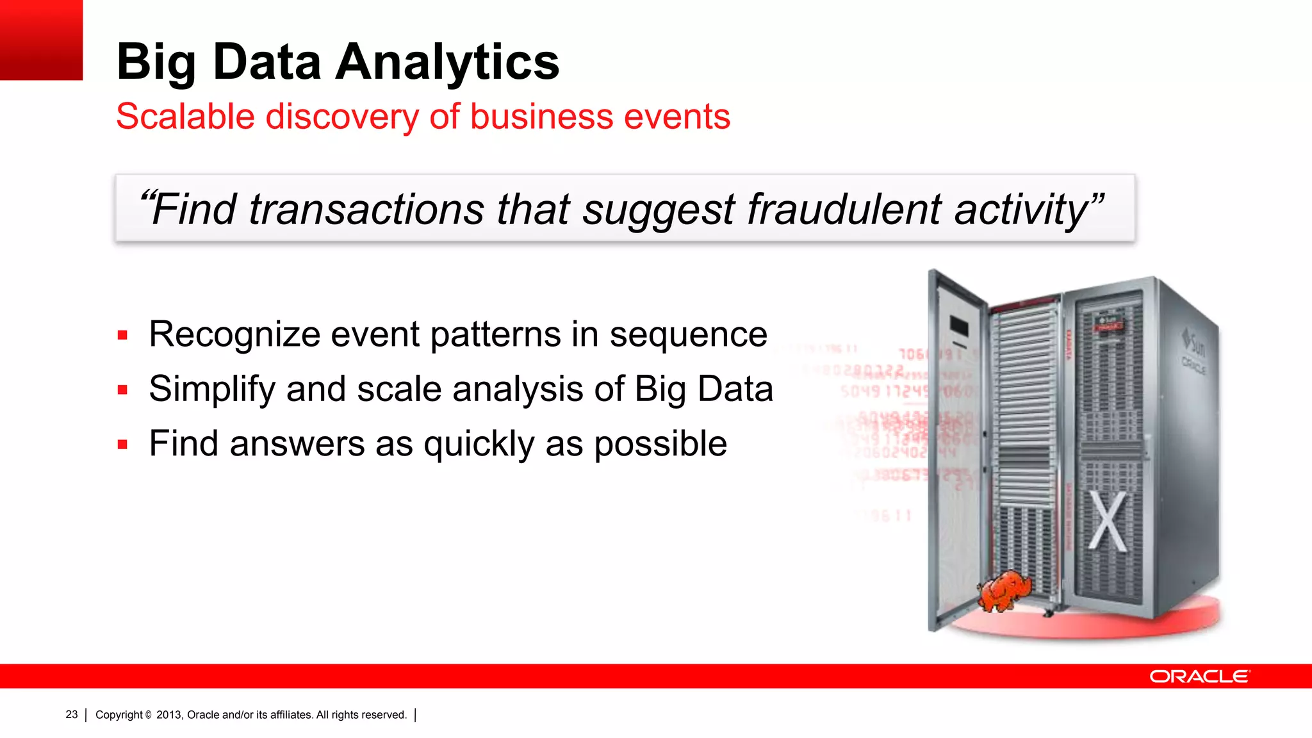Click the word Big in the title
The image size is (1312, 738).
point(156,62)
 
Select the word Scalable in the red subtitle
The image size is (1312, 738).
point(185,117)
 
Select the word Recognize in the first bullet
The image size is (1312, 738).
point(234,334)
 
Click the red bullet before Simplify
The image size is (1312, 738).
point(123,389)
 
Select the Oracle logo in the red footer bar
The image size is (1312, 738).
point(1199,676)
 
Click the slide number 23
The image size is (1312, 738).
point(71,714)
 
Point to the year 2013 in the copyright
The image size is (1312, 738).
point(168,715)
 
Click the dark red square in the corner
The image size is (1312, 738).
point(41,40)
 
